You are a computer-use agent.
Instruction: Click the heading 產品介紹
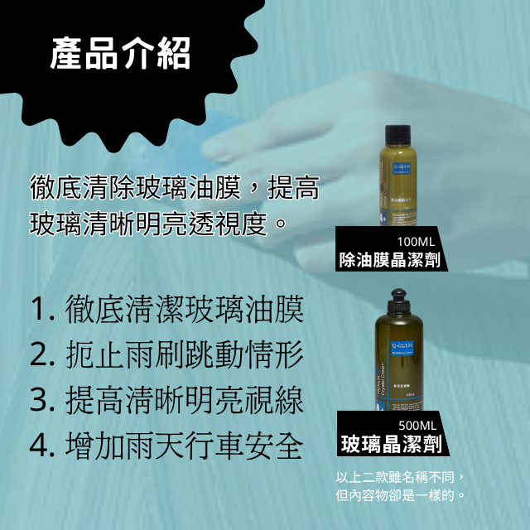(x=120, y=53)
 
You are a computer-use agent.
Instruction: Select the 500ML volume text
(x=417, y=426)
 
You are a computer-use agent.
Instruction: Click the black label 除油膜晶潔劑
(x=389, y=260)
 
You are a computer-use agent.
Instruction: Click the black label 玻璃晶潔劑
(x=391, y=445)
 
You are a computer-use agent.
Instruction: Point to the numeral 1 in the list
(x=38, y=311)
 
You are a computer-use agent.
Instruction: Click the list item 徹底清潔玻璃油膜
(x=185, y=311)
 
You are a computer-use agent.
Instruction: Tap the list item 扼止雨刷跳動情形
(x=185, y=355)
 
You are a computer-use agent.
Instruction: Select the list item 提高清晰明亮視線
(x=185, y=401)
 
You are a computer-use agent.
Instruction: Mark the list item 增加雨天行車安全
(x=185, y=446)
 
